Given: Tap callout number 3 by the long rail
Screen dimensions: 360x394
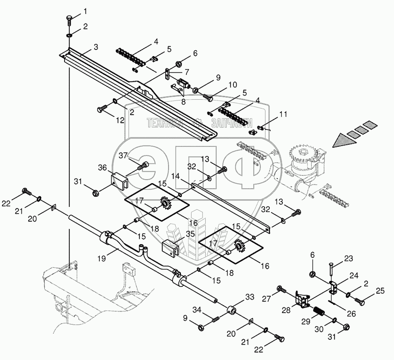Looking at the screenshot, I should point(96,47).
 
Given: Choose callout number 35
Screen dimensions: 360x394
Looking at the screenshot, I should point(191,234).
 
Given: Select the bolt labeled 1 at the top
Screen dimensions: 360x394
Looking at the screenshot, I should point(69,20).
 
